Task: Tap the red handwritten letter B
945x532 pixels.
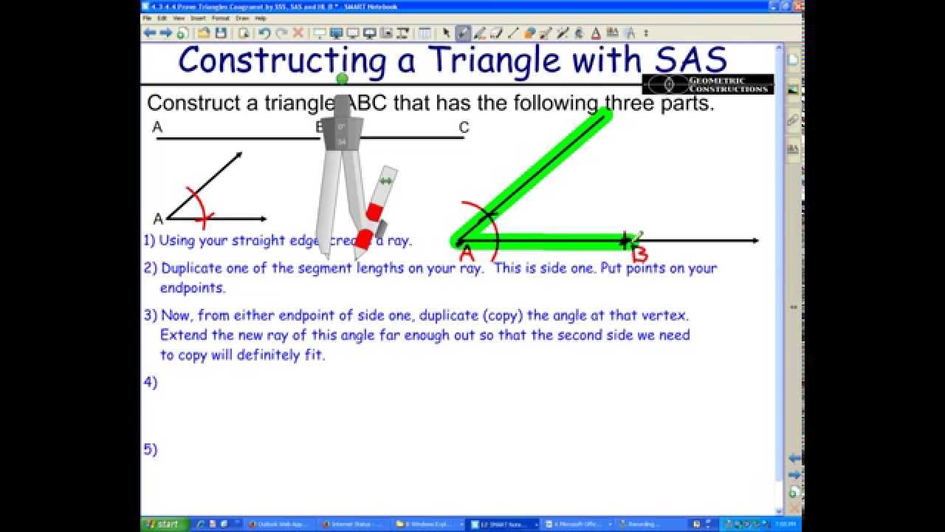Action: pyautogui.click(x=639, y=255)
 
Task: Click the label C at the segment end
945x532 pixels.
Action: pyautogui.click(x=464, y=128)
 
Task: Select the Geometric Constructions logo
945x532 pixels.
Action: pyautogui.click(x=707, y=84)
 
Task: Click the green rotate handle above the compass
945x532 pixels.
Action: pyautogui.click(x=341, y=79)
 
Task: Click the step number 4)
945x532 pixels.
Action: pyautogui.click(x=151, y=382)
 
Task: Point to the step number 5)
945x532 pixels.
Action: pyautogui.click(x=151, y=449)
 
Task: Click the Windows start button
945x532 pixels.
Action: pyautogui.click(x=163, y=524)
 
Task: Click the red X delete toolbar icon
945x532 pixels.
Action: pyautogui.click(x=298, y=33)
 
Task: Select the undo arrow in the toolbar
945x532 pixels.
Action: pyautogui.click(x=264, y=33)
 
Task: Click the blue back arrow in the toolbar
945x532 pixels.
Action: pyautogui.click(x=150, y=33)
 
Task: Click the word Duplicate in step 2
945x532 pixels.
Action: pyautogui.click(x=190, y=268)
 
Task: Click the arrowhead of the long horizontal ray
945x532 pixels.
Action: pyautogui.click(x=754, y=240)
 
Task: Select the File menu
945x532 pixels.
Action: pyautogui.click(x=147, y=18)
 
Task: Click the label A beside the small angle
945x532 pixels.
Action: pyautogui.click(x=157, y=219)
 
